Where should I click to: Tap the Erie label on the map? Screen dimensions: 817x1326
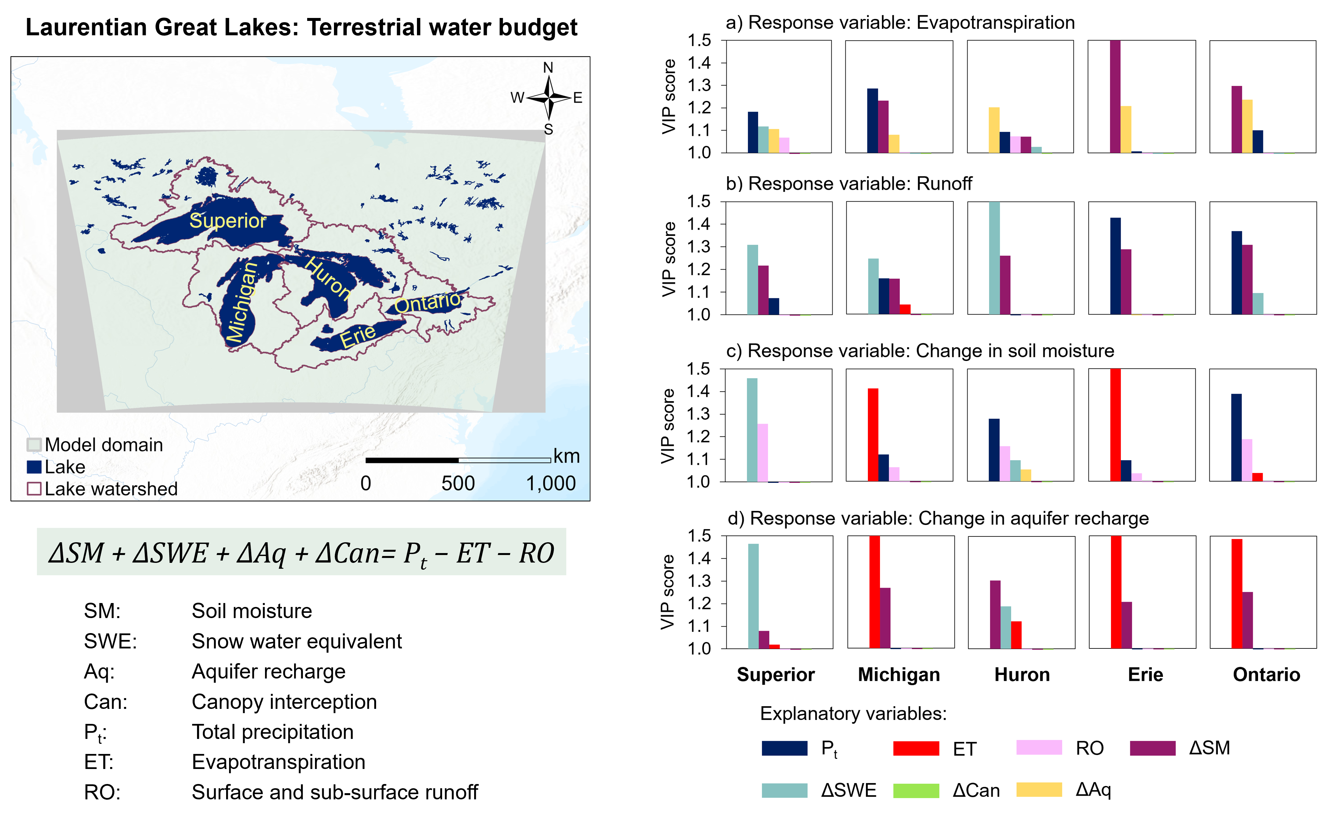tap(358, 336)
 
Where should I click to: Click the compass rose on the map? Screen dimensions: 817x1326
tap(548, 98)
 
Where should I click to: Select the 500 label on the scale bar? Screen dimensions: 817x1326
tap(458, 483)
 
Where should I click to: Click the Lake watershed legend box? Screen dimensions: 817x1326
tap(34, 488)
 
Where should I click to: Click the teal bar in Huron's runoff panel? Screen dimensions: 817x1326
tap(994, 258)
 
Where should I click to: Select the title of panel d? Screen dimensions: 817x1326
tap(937, 518)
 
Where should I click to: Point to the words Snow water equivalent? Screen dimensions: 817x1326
tap(297, 641)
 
